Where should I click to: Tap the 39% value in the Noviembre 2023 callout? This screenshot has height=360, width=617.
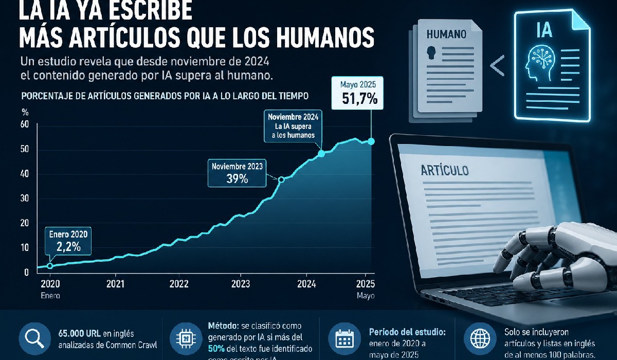pos(237,179)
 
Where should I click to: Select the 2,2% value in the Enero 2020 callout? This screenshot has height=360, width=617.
pos(68,247)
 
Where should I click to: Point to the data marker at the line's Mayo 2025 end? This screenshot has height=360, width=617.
pos(371,141)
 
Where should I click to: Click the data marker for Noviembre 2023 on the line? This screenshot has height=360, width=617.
pos(281,179)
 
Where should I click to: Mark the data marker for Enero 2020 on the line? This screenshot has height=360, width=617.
pos(50,266)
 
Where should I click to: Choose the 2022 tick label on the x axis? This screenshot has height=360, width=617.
pos(179,283)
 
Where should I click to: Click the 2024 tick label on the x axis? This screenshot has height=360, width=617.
pos(306,283)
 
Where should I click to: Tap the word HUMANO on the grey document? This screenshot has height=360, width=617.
pos(446,35)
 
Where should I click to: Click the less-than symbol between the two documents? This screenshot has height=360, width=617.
pos(497,66)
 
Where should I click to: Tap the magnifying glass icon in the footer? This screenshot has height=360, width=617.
pos(34,339)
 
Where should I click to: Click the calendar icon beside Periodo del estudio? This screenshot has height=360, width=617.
pos(342,339)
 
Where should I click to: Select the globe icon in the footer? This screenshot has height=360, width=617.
pos(479,339)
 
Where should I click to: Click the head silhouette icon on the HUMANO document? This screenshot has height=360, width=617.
pos(431,52)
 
